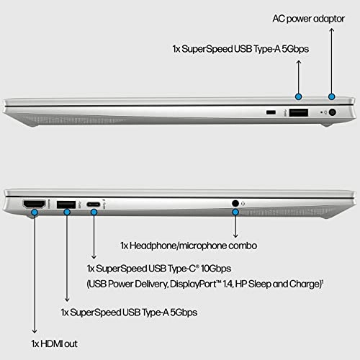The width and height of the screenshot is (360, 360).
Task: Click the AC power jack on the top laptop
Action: point(332,112)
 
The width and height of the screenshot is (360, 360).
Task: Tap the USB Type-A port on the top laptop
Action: point(298,112)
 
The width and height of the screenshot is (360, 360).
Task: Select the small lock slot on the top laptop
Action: point(271,113)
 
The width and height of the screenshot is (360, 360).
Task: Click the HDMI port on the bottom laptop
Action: point(34,204)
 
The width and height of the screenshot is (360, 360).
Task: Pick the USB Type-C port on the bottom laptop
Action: point(93,205)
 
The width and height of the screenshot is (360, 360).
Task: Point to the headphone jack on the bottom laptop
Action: point(235,204)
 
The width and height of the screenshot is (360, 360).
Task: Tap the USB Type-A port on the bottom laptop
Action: point(66,204)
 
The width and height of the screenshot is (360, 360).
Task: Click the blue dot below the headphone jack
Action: point(235,214)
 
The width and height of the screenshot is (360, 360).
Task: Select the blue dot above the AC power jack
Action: point(332,96)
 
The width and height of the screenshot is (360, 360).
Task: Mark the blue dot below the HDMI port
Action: point(34,214)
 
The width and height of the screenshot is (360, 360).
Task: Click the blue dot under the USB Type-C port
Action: point(93,214)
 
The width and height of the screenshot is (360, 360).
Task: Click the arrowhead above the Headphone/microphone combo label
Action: point(235,234)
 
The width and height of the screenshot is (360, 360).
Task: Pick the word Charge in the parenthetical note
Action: point(302,284)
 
